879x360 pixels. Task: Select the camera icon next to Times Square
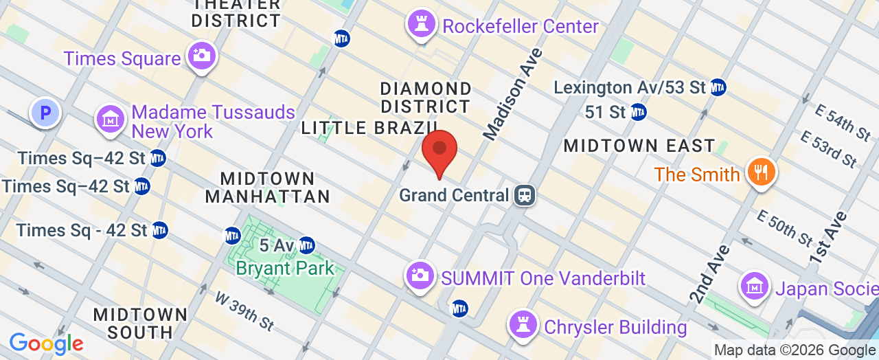point(201,56)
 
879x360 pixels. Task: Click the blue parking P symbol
point(45,112)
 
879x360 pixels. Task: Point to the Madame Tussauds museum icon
point(110,120)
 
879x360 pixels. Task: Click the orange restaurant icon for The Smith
point(760,172)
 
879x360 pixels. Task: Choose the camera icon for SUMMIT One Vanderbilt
point(420,276)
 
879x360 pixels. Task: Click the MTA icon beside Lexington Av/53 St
point(718,87)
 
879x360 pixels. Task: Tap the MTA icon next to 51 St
point(638,111)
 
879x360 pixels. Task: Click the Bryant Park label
point(285,268)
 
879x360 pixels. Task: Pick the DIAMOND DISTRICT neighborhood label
point(426,98)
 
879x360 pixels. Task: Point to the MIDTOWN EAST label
point(639,146)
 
